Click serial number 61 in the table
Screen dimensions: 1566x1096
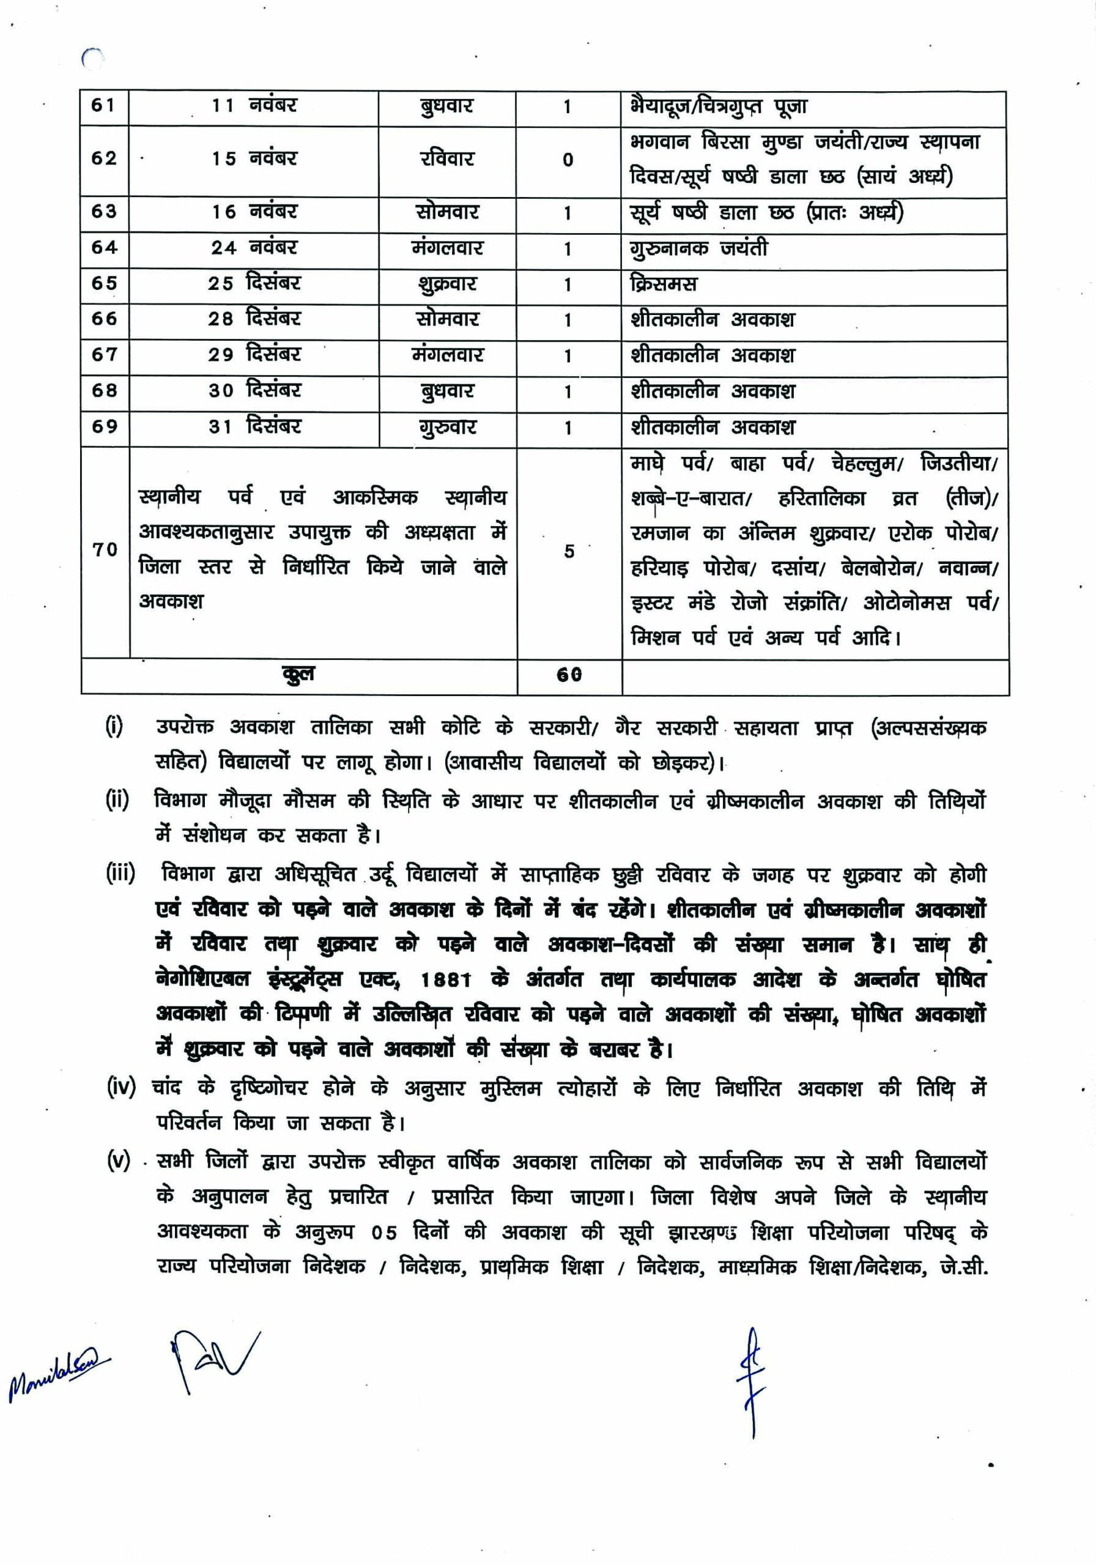(x=103, y=106)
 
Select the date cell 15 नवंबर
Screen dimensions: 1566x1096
(x=254, y=159)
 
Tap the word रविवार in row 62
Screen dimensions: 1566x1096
(x=446, y=159)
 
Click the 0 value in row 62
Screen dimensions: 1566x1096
(x=568, y=160)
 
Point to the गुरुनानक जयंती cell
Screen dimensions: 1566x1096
(x=699, y=249)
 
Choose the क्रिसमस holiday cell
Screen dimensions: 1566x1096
(x=664, y=284)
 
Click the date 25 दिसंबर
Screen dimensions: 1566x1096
(x=254, y=283)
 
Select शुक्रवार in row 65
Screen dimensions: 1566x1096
(x=446, y=284)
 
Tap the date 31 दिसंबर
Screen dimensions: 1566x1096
(x=254, y=427)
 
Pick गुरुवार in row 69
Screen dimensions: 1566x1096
(x=446, y=428)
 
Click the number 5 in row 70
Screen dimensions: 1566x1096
(x=569, y=551)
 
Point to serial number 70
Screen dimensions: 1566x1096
(x=105, y=550)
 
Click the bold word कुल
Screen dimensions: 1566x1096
(x=298, y=675)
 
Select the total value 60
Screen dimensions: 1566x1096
(x=569, y=675)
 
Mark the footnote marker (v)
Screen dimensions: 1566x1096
(x=118, y=1161)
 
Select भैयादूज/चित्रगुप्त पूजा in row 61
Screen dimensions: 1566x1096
(x=719, y=107)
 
